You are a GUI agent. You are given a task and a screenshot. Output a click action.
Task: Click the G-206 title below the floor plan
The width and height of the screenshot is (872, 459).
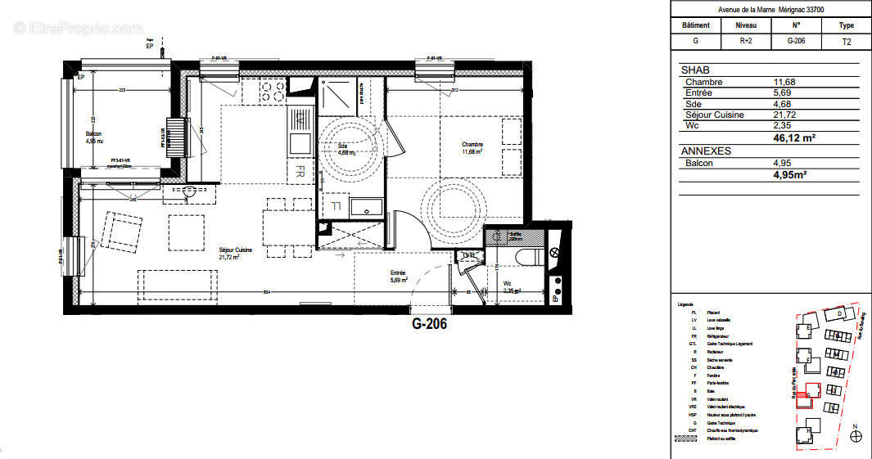pos(428,323)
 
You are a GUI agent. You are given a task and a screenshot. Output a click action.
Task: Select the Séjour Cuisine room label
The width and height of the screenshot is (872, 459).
pos(235,253)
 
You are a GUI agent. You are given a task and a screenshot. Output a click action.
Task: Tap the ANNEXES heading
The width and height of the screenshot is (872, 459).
pos(706,151)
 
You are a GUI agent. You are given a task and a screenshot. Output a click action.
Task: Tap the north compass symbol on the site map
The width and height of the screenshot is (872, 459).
pos(856,437)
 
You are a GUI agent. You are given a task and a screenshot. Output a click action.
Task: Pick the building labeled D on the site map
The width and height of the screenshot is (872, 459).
pos(838,314)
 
